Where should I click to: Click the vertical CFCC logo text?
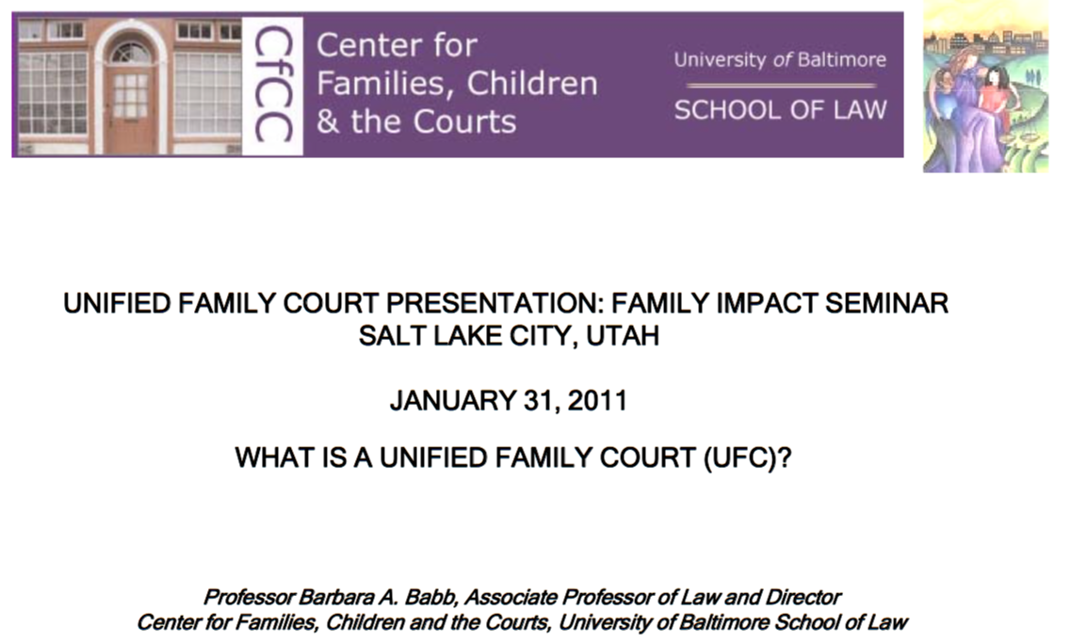pyautogui.click(x=273, y=85)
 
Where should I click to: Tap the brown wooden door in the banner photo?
pyautogui.click(x=130, y=108)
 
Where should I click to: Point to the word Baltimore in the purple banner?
pyautogui.click(x=841, y=60)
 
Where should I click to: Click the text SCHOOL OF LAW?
pyautogui.click(x=780, y=110)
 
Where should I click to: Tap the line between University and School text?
pyautogui.click(x=781, y=86)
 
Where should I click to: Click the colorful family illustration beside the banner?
pyautogui.click(x=985, y=87)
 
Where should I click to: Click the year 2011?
pyautogui.click(x=597, y=401)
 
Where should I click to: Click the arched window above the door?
pyautogui.click(x=130, y=52)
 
